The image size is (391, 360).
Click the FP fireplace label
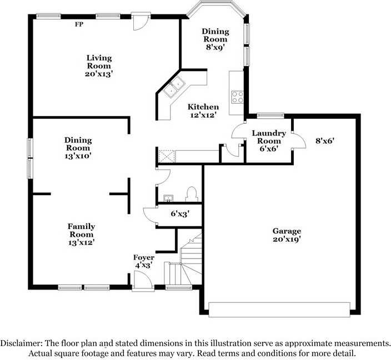(x=79, y=24)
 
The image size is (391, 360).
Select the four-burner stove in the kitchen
(x=237, y=97)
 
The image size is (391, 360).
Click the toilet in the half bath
(x=192, y=194)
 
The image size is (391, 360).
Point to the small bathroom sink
(x=169, y=199)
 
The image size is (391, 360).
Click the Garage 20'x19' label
(x=287, y=235)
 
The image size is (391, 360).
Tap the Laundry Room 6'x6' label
(x=269, y=141)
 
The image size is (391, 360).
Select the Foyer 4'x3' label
(x=144, y=261)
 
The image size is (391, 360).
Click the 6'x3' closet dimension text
(x=181, y=214)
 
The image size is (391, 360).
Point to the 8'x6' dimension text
(x=325, y=141)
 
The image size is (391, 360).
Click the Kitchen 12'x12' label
(x=203, y=111)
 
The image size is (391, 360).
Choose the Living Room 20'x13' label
(x=99, y=66)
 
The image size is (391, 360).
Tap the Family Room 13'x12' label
(x=81, y=234)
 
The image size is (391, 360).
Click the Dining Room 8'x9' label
(x=215, y=39)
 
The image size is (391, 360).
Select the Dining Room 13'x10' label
(x=78, y=148)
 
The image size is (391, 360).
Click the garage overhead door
(x=279, y=310)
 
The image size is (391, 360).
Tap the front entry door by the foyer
(x=143, y=281)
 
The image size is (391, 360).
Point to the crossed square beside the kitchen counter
(x=167, y=156)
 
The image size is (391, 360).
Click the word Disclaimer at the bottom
(x=21, y=343)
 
